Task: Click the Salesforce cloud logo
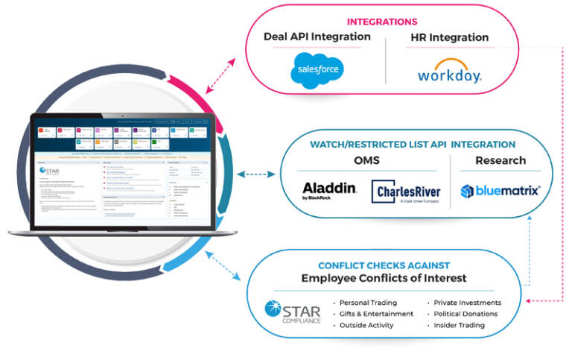click(x=317, y=70)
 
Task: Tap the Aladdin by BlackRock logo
click(x=329, y=191)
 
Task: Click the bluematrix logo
click(x=500, y=190)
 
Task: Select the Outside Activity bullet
click(x=368, y=325)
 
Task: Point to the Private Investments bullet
click(x=468, y=303)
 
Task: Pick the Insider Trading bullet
click(x=460, y=325)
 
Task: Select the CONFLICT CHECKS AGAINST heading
click(x=384, y=265)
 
